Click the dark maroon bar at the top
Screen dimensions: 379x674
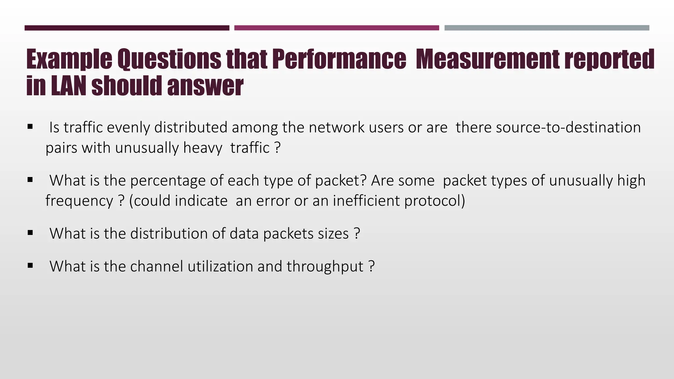[127, 28]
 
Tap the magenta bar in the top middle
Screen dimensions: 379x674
[336, 28]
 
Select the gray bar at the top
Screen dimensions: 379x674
[547, 28]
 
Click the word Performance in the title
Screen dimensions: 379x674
[339, 59]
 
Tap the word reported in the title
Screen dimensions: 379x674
[609, 59]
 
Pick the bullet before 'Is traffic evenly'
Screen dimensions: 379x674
[30, 126]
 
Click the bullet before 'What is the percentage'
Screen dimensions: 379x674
[30, 180]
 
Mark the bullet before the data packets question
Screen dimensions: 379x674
[30, 233]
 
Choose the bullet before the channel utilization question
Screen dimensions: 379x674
[30, 265]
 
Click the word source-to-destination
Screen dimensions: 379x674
[568, 128]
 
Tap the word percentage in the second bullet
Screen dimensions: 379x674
[168, 181]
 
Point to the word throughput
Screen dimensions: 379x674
[325, 267]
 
